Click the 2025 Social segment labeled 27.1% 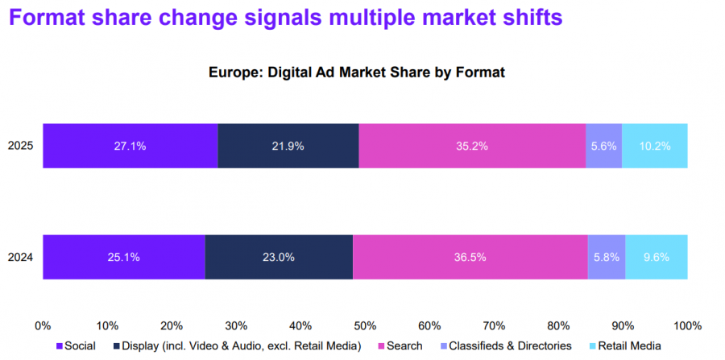click(130, 146)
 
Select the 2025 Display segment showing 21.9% click(288, 146)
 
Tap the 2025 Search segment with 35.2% click(473, 146)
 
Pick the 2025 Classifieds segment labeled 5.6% click(604, 146)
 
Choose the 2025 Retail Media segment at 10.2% click(655, 146)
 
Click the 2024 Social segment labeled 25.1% click(124, 257)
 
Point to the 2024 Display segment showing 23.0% click(279, 257)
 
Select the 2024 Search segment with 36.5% click(470, 257)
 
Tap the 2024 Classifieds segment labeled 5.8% click(607, 257)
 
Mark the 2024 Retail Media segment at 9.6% click(657, 257)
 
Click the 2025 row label click(20, 147)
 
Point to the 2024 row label click(20, 258)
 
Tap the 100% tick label click(688, 325)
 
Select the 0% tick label click(43, 325)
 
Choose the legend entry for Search click(400, 346)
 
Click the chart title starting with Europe click(357, 72)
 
